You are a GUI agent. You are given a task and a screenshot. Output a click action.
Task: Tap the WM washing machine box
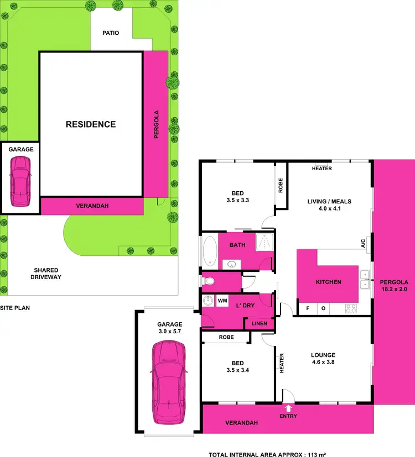[222, 301]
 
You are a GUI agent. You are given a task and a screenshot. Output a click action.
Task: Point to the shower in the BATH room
[264, 243]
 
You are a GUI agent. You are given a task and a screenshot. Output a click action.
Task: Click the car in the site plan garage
[20, 180]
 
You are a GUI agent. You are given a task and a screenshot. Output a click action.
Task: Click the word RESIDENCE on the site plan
[91, 124]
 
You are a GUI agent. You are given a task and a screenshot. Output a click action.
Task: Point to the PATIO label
[111, 33]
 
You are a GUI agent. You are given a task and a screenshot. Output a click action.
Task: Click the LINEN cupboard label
[259, 324]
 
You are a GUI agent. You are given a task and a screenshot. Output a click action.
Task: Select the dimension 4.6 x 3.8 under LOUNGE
[324, 363]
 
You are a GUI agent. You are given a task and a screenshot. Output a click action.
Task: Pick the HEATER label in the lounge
[282, 363]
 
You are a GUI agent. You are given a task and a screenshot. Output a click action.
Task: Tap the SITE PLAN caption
[15, 308]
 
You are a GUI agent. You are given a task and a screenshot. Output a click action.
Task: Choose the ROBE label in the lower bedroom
[226, 337]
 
